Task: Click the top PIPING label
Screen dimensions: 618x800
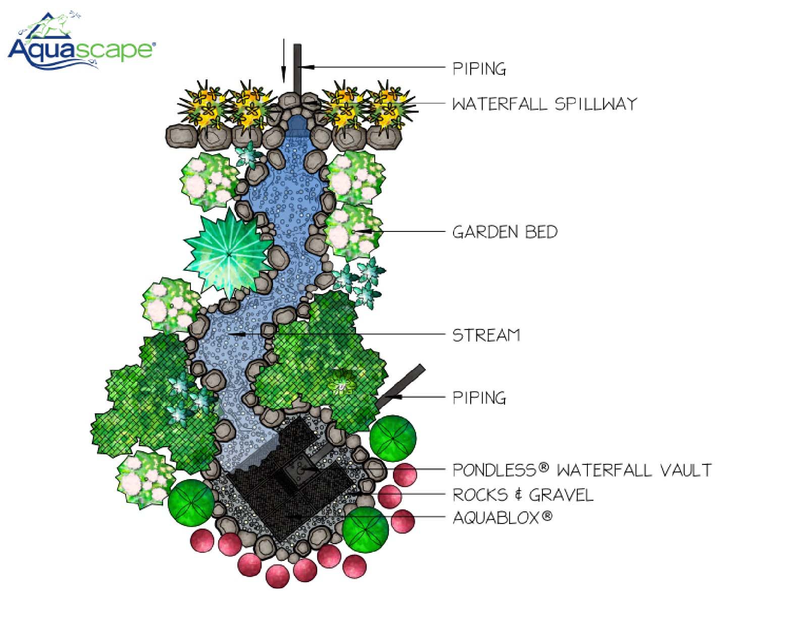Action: (x=479, y=68)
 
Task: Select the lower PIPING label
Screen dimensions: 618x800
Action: (x=479, y=398)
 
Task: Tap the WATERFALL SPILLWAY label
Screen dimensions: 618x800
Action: (x=544, y=104)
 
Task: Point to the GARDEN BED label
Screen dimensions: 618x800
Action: (x=505, y=232)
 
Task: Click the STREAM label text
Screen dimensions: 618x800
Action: (x=486, y=335)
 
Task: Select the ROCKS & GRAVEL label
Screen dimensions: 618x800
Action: (x=522, y=495)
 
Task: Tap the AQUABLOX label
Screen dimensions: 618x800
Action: (x=496, y=518)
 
